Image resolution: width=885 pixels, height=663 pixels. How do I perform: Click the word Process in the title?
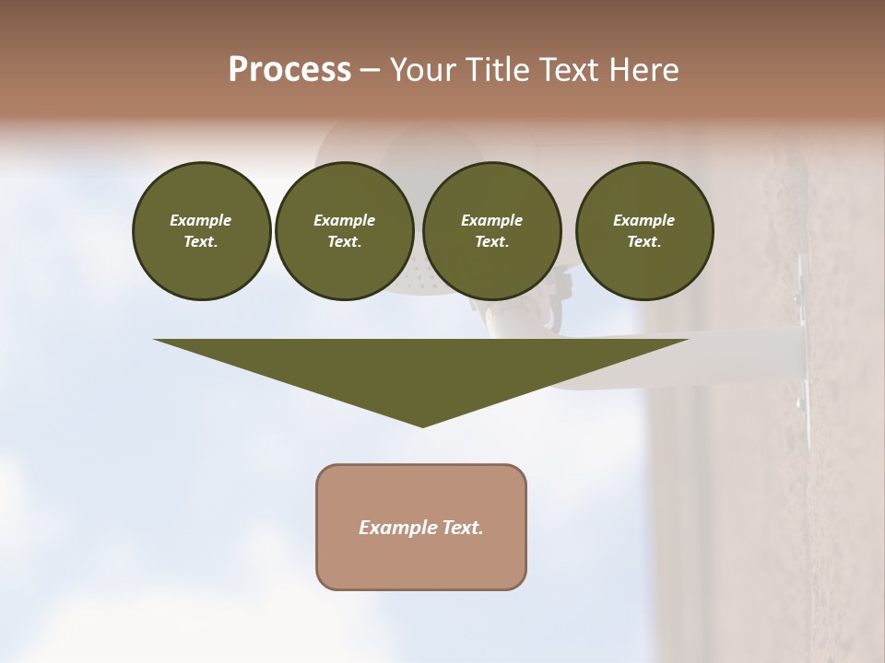(x=289, y=69)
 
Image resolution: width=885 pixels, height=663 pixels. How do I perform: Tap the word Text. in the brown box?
(x=462, y=528)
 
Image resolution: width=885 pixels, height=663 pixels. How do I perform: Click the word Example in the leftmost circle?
(x=201, y=220)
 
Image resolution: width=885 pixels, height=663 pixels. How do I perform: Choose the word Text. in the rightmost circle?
(x=644, y=241)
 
